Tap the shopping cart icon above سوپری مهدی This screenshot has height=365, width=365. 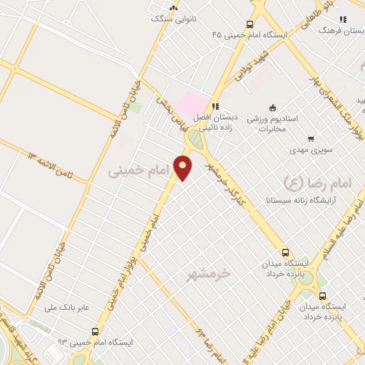[310, 139]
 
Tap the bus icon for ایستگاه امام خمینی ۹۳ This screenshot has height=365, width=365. [95, 331]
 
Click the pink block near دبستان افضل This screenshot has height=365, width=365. [193, 104]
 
